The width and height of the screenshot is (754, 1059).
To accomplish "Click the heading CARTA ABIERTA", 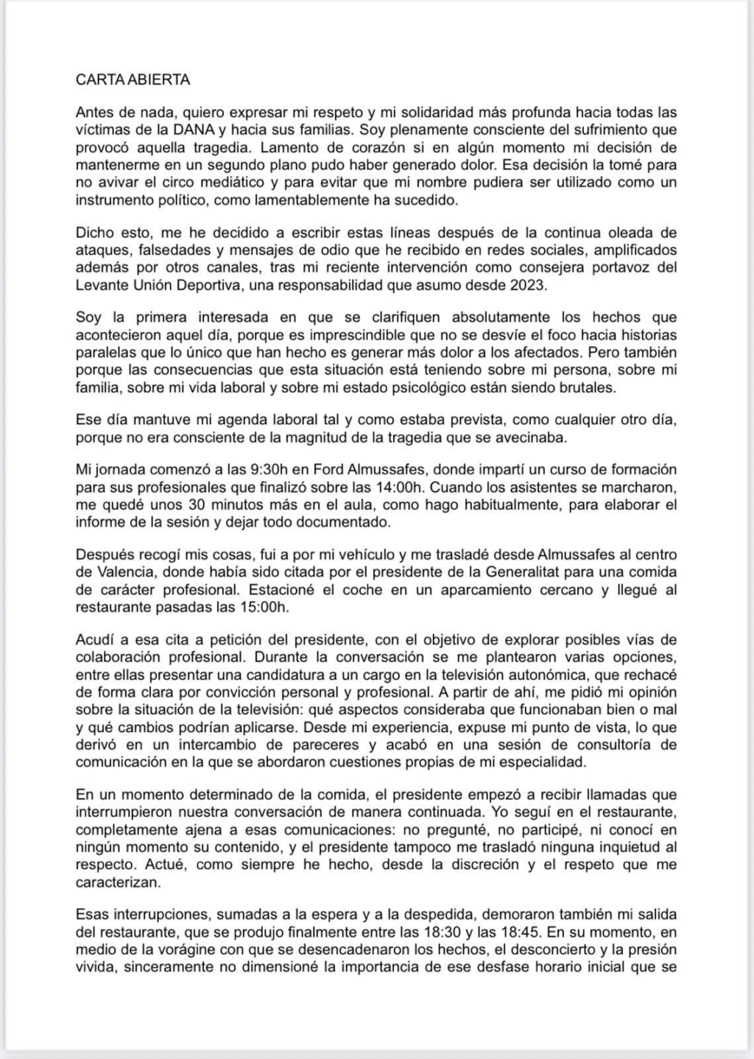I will tap(133, 80).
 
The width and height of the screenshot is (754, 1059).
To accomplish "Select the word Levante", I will tap(100, 284).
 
